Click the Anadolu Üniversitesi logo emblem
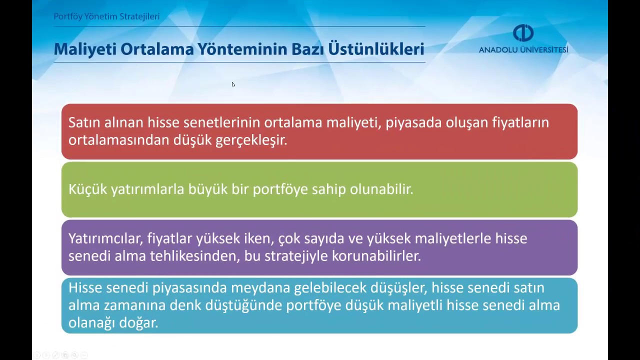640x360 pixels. (x=523, y=33)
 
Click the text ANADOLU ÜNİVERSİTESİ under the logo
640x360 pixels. (x=523, y=50)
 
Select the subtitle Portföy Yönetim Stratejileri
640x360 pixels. (x=106, y=16)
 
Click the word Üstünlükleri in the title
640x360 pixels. (x=376, y=49)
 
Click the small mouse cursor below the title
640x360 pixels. (x=233, y=84)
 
